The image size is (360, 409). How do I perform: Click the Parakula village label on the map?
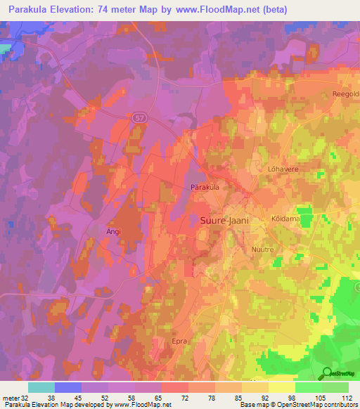(x=205, y=188)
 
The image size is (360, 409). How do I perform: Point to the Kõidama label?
(x=285, y=219)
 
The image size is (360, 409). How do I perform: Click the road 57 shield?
(x=140, y=119)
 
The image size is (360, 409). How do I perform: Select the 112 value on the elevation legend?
(x=347, y=397)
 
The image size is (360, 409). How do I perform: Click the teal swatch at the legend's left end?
(x=41, y=387)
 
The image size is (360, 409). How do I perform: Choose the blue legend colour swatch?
(x=68, y=387)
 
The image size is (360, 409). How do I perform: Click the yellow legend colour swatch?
(x=281, y=387)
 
